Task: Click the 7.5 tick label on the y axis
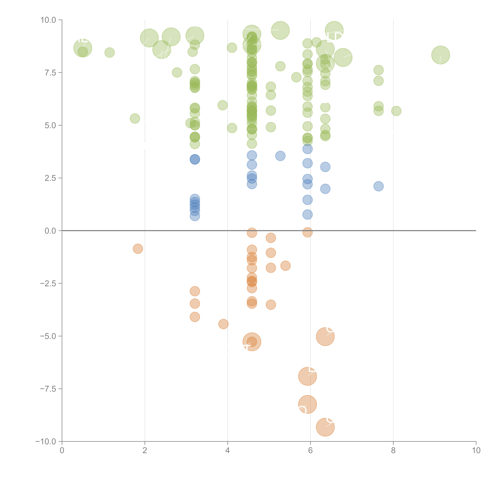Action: click(x=50, y=73)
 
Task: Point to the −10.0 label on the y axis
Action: click(x=46, y=442)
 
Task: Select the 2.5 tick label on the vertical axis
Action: click(x=50, y=178)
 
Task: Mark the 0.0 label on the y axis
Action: click(x=50, y=231)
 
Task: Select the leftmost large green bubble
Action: click(x=83, y=48)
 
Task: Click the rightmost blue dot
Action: click(x=378, y=186)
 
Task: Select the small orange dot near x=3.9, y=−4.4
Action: click(x=223, y=324)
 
